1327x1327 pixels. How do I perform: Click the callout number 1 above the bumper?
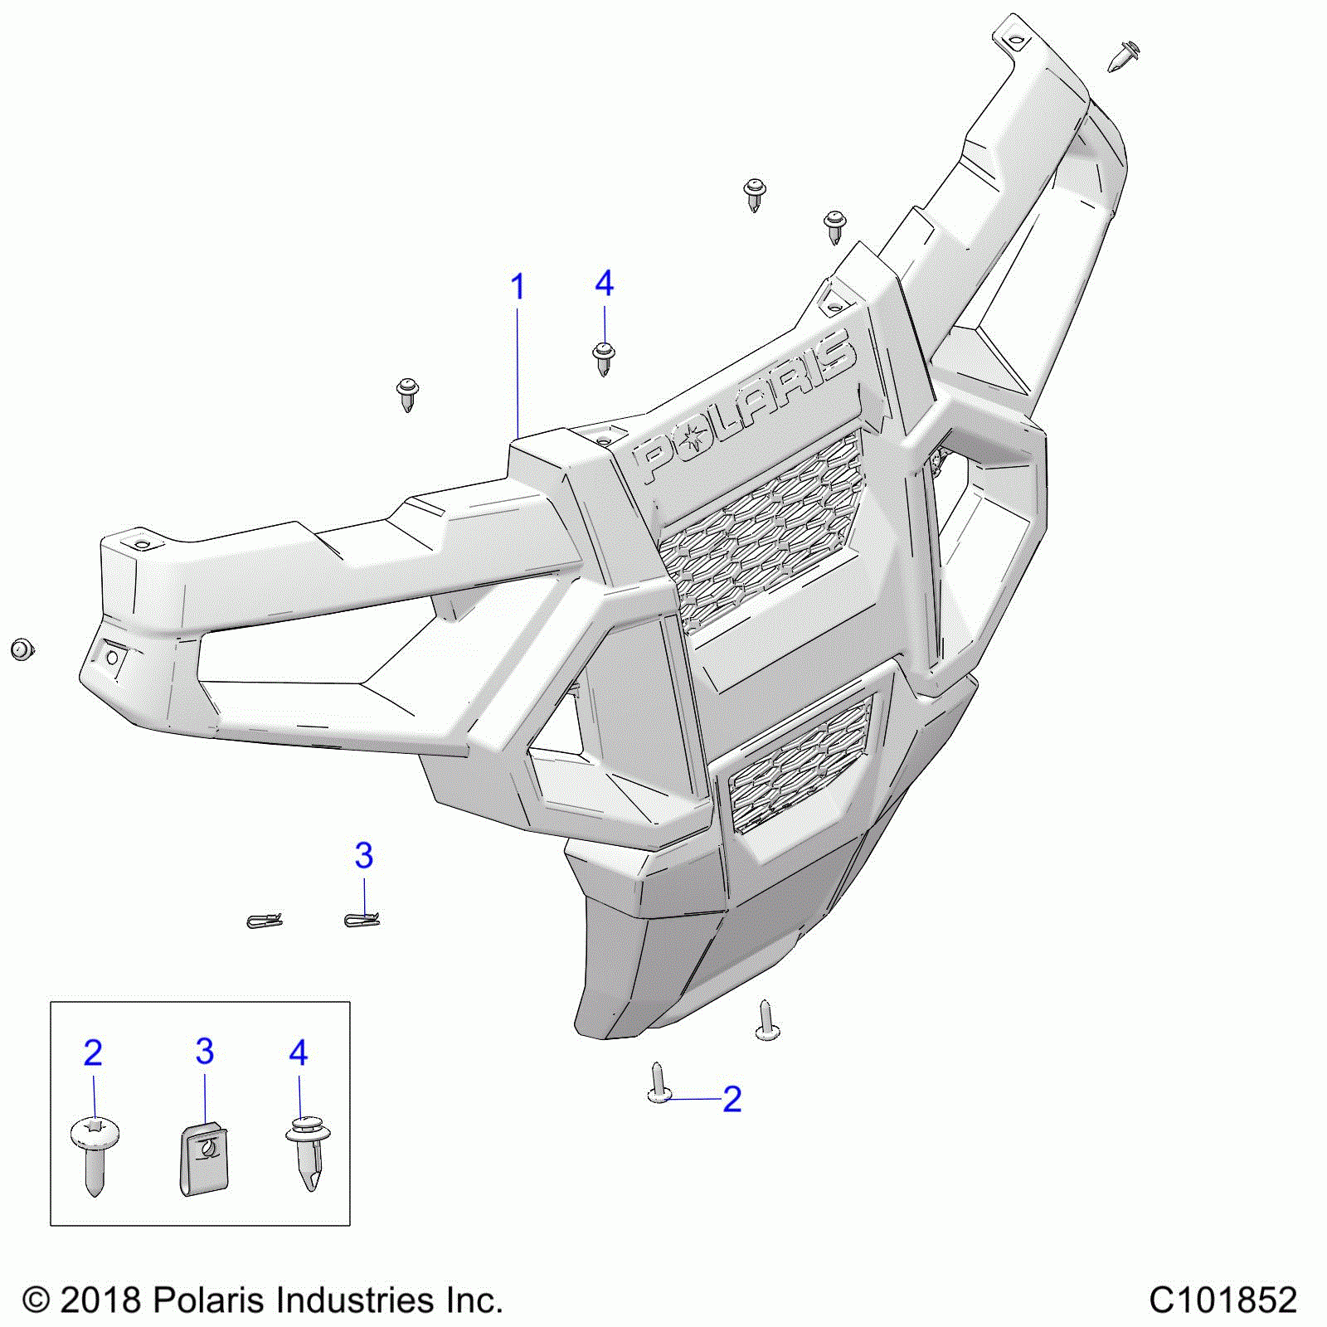518,288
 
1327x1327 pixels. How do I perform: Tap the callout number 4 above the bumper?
604,284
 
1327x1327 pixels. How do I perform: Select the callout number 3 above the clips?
363,855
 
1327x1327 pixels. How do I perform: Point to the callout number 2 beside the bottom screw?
732,1099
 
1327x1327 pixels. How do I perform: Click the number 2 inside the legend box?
93,1053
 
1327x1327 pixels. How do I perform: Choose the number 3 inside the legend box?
205,1052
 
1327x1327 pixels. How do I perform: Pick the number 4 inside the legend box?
299,1053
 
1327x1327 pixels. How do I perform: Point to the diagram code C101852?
1222,1300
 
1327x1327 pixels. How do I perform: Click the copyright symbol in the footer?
36,1300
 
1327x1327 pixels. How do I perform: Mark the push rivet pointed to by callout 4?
604,357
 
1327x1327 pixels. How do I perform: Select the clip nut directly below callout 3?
362,919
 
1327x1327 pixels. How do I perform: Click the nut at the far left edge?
22,649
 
